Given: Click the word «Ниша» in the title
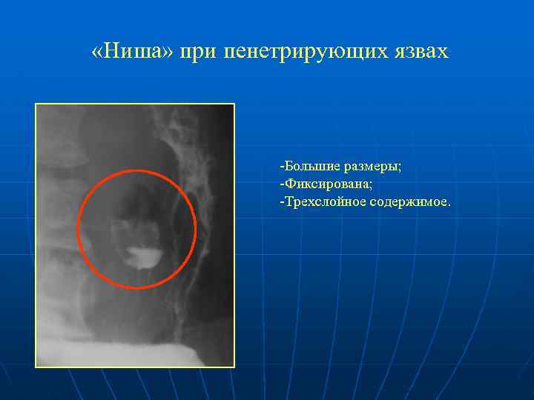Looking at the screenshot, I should click(139, 51).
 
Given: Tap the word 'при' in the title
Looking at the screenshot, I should click(204, 52).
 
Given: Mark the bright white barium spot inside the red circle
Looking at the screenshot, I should click(142, 256).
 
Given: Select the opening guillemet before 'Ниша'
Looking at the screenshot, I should click(97, 52).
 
